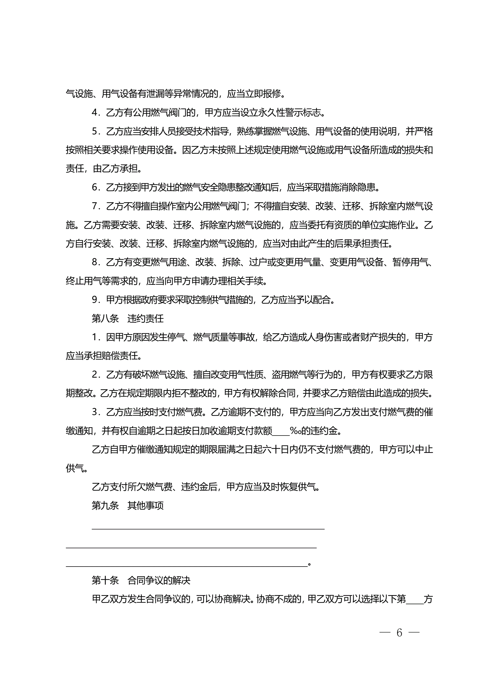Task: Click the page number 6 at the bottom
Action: tap(399, 633)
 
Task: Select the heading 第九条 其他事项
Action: tap(128, 506)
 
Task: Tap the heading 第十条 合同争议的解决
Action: tap(141, 581)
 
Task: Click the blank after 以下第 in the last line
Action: tap(415, 600)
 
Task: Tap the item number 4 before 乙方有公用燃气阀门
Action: tap(95, 113)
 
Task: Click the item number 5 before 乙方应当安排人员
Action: tap(95, 132)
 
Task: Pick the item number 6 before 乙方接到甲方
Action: tap(95, 188)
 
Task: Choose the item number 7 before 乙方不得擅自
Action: tap(95, 206)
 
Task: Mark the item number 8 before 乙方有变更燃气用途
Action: tap(95, 262)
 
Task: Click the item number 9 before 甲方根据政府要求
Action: tap(95, 300)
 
